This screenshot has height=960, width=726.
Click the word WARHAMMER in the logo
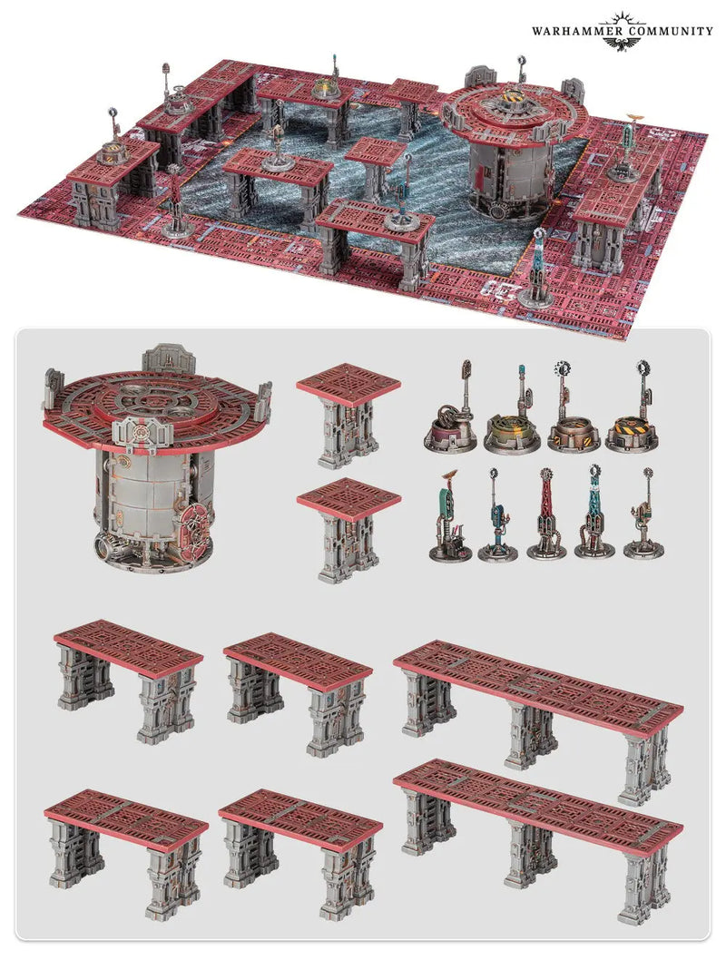tap(565, 31)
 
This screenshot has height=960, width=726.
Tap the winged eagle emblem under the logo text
tap(622, 43)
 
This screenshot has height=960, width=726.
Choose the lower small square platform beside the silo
tap(348, 529)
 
